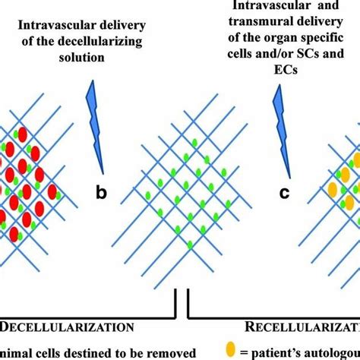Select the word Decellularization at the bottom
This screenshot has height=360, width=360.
(60, 327)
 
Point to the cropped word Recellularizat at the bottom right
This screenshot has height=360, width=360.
(303, 327)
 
